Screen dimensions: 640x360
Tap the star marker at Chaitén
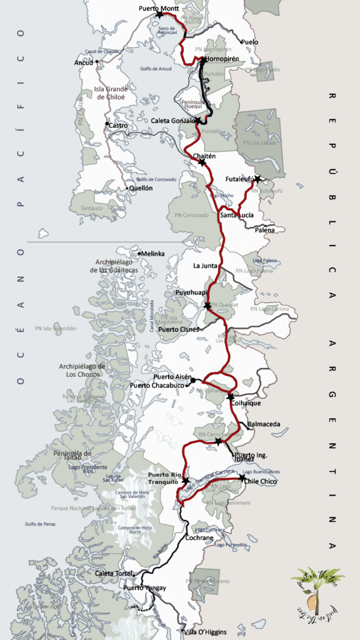tap(202, 162)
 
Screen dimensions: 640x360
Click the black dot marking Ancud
tap(98, 62)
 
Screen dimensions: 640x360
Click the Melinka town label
tap(153, 253)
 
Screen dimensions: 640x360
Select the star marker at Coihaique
tap(231, 397)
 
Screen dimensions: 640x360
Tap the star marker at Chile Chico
tap(242, 477)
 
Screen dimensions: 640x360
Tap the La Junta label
tap(205, 266)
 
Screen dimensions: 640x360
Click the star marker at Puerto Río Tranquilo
tap(186, 480)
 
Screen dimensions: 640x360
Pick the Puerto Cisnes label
tap(179, 329)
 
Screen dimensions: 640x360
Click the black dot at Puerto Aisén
tap(193, 380)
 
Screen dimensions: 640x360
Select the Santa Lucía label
tap(237, 215)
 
